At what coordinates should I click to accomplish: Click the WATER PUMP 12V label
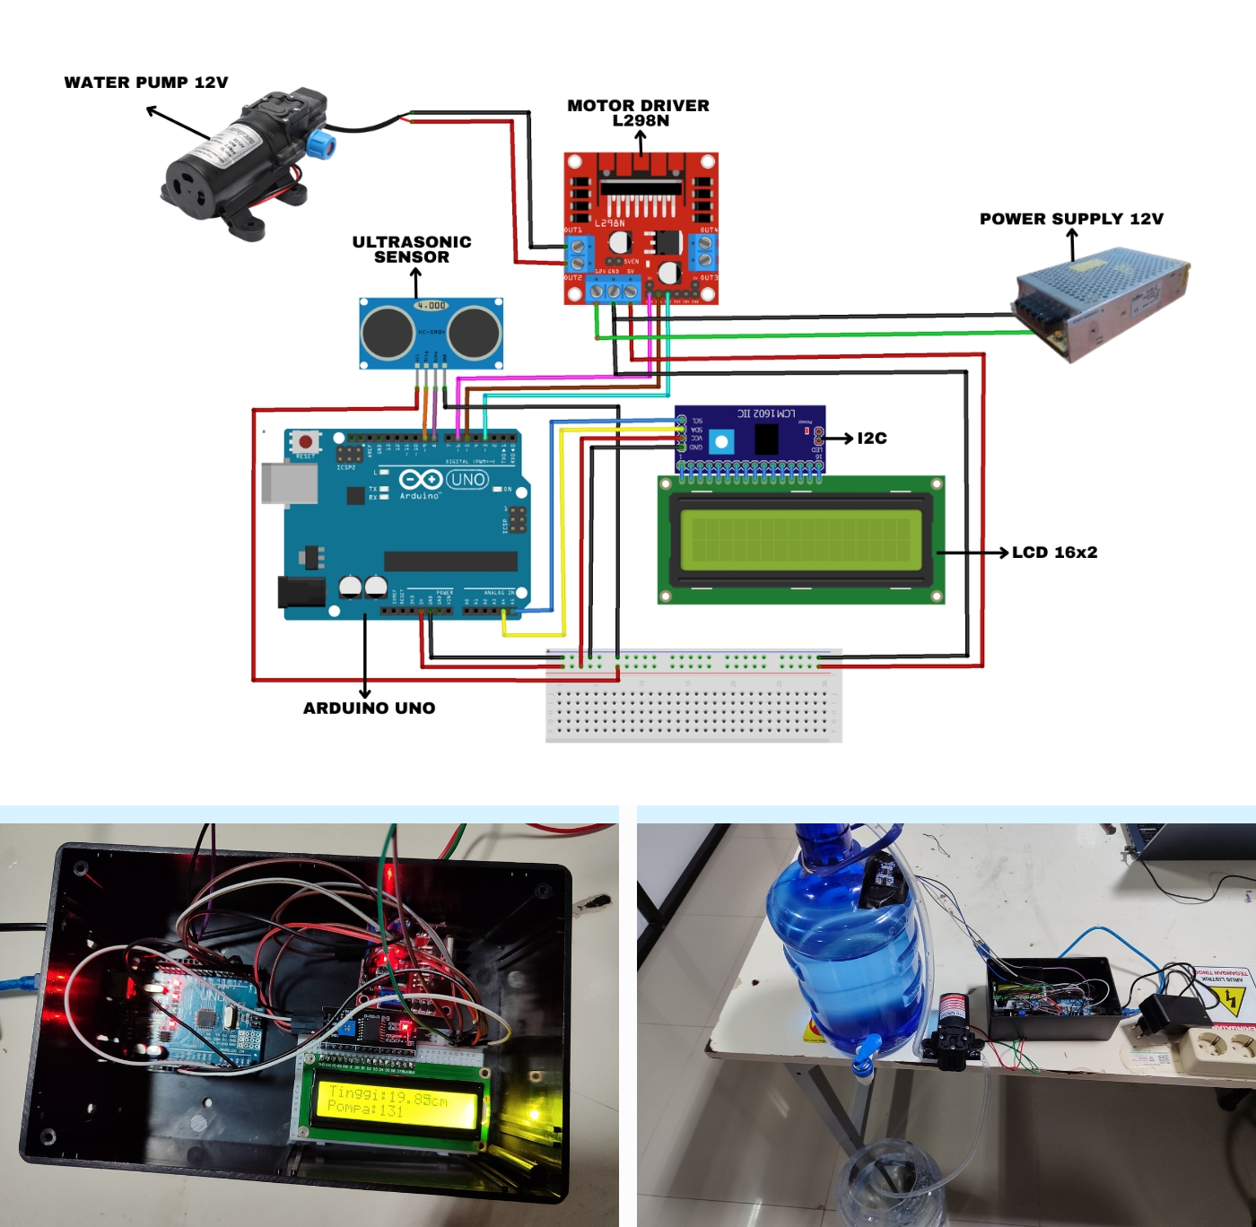point(146,83)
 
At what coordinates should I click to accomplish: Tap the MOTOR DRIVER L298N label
point(639,113)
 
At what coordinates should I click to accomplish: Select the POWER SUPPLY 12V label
point(1071,219)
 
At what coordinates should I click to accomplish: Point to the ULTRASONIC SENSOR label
point(412,249)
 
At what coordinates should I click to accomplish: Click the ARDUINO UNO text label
point(369,708)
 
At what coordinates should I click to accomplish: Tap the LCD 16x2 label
point(1054,553)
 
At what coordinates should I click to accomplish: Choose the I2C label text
point(872,438)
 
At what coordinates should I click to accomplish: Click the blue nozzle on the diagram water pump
point(320,144)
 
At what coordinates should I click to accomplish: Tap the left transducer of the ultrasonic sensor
point(387,332)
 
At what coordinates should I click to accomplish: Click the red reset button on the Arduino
point(305,441)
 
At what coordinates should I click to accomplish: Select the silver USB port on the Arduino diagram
point(289,483)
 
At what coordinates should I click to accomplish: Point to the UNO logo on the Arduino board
point(467,480)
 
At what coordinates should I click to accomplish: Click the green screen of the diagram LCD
point(800,540)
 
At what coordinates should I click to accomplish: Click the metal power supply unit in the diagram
point(1103,300)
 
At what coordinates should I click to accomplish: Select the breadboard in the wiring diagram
point(693,695)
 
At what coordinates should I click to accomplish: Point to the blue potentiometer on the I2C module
point(721,440)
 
